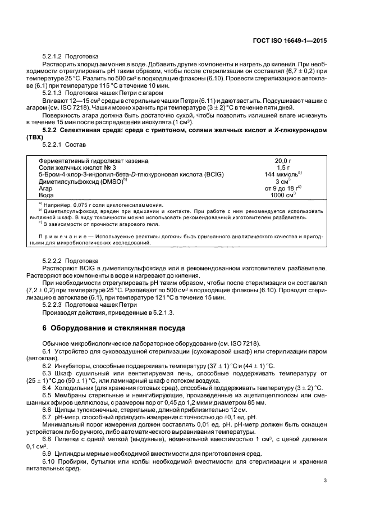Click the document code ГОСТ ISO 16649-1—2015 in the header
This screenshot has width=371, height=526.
[292, 40]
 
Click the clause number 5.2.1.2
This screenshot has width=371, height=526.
[52, 57]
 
